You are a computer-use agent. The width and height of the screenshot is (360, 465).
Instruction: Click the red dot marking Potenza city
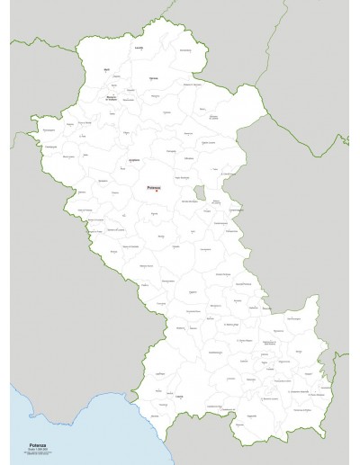coord(157,192)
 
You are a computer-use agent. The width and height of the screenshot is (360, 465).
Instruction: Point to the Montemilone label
coord(184,50)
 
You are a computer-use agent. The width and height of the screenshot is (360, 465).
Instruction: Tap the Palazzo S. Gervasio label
coord(192,84)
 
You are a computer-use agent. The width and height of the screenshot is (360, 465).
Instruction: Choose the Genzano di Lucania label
coord(213,116)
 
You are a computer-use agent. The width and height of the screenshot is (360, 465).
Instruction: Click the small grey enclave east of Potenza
coord(198,192)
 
